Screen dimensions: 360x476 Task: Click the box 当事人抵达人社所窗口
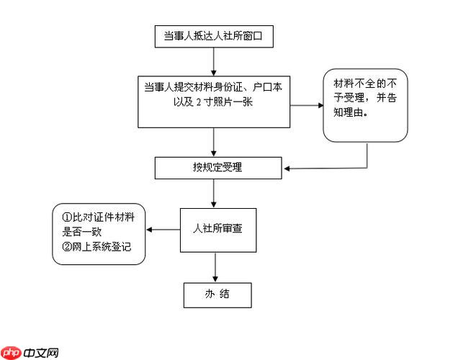tap(214, 37)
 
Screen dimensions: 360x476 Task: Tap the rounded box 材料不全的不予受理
tap(364, 105)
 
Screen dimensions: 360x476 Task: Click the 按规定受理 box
tap(217, 168)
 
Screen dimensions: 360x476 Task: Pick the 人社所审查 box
tap(217, 229)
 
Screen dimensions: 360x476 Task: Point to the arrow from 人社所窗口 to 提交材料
tap(213, 62)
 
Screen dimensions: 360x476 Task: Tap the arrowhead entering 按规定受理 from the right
tap(287, 169)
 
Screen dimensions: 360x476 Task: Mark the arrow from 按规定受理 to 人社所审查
tap(213, 192)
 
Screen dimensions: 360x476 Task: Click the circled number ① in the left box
tap(67, 217)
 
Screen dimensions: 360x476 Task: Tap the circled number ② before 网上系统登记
tap(67, 248)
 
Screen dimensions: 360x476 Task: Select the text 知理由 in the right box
tap(348, 112)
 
